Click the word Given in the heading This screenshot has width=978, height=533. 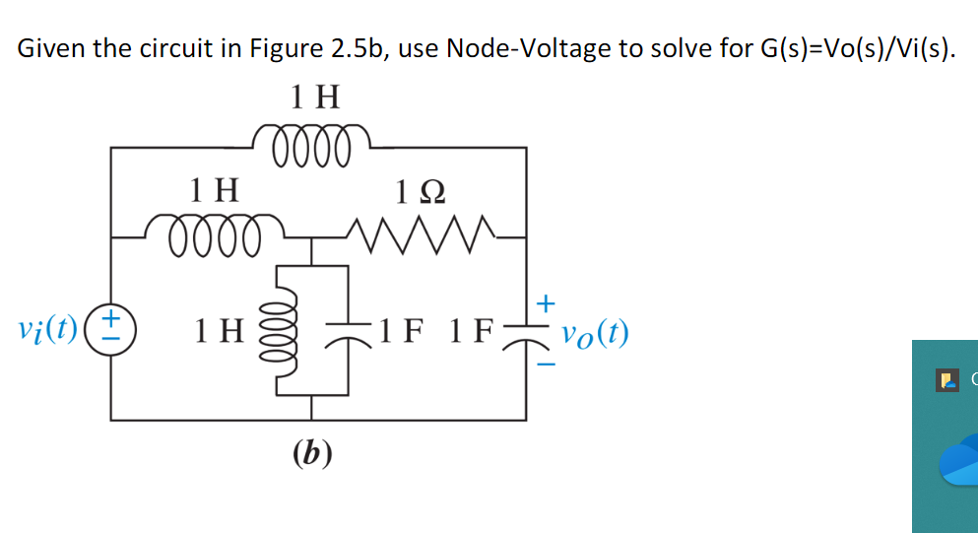[x=50, y=48]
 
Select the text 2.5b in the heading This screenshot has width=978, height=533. [x=361, y=48]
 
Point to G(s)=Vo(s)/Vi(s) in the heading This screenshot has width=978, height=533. [x=853, y=48]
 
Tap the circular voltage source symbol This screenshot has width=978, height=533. [x=111, y=329]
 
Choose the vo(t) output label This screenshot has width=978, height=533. [x=594, y=333]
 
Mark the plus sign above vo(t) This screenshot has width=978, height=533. [x=547, y=299]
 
